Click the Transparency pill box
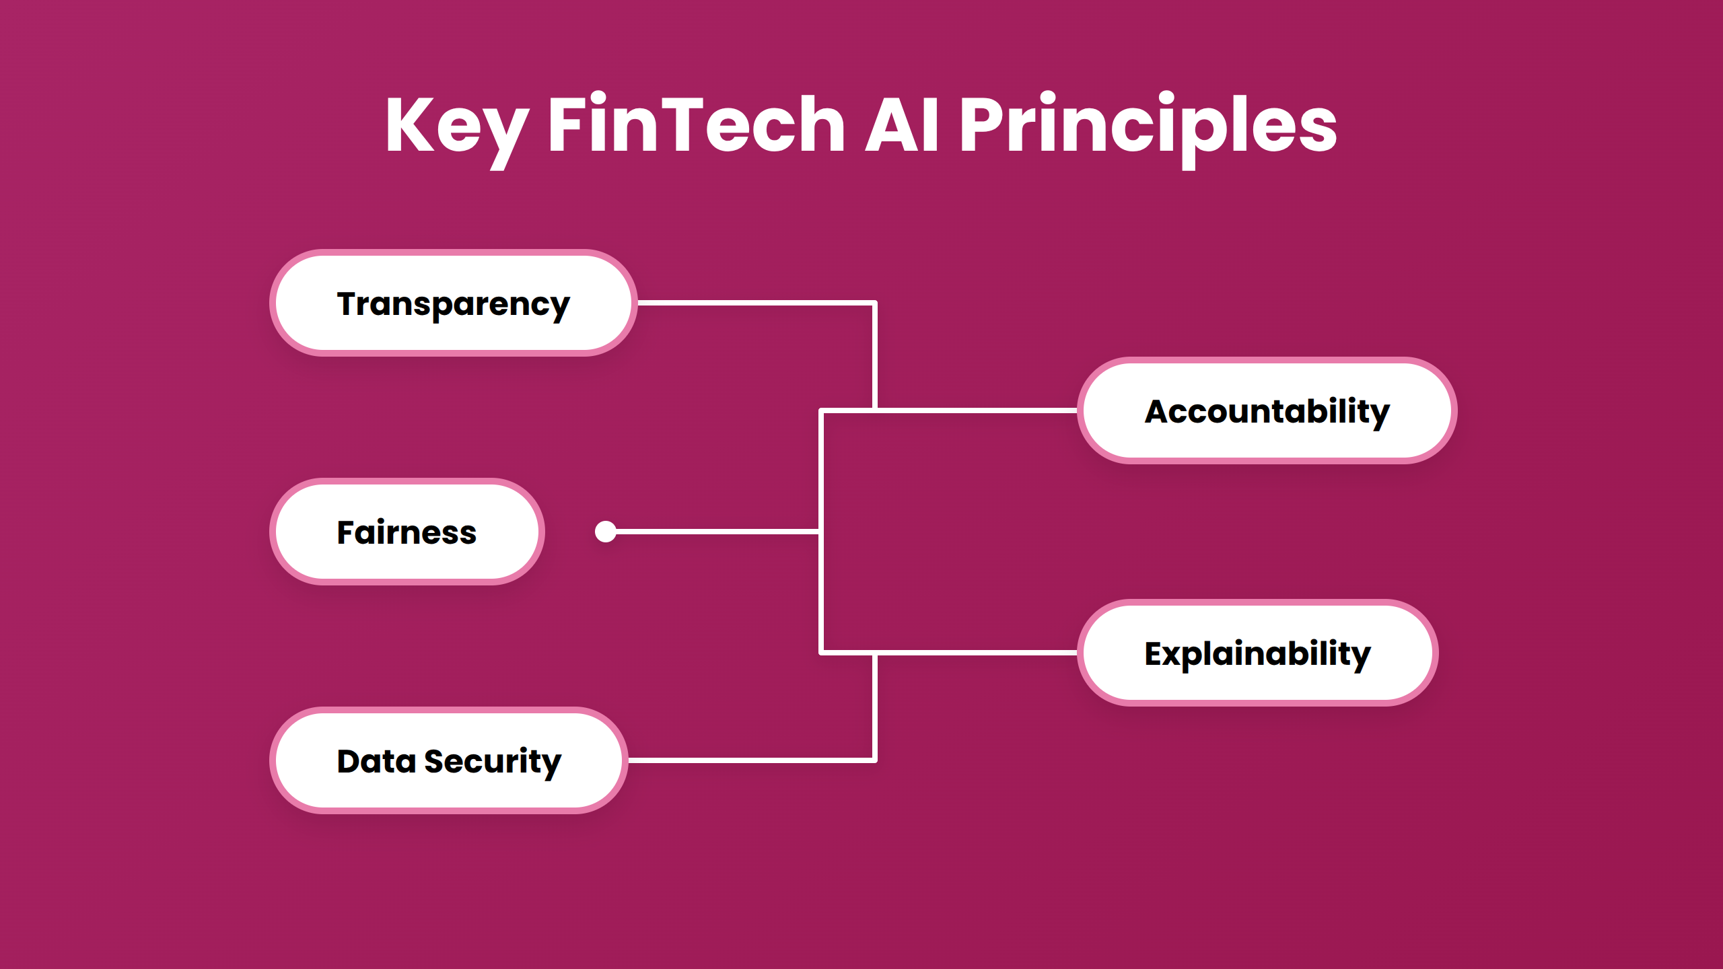(453, 303)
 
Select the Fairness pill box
(407, 532)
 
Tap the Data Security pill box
(448, 760)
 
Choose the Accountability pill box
(1267, 410)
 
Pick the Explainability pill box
(1257, 653)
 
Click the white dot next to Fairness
(606, 532)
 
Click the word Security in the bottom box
(493, 762)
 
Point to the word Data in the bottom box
(376, 761)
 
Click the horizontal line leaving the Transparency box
(754, 303)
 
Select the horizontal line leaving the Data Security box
(750, 760)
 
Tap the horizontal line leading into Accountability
(976, 410)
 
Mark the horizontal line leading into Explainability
(976, 653)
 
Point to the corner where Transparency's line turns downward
(874, 303)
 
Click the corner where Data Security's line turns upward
(874, 760)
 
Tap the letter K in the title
(411, 124)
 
